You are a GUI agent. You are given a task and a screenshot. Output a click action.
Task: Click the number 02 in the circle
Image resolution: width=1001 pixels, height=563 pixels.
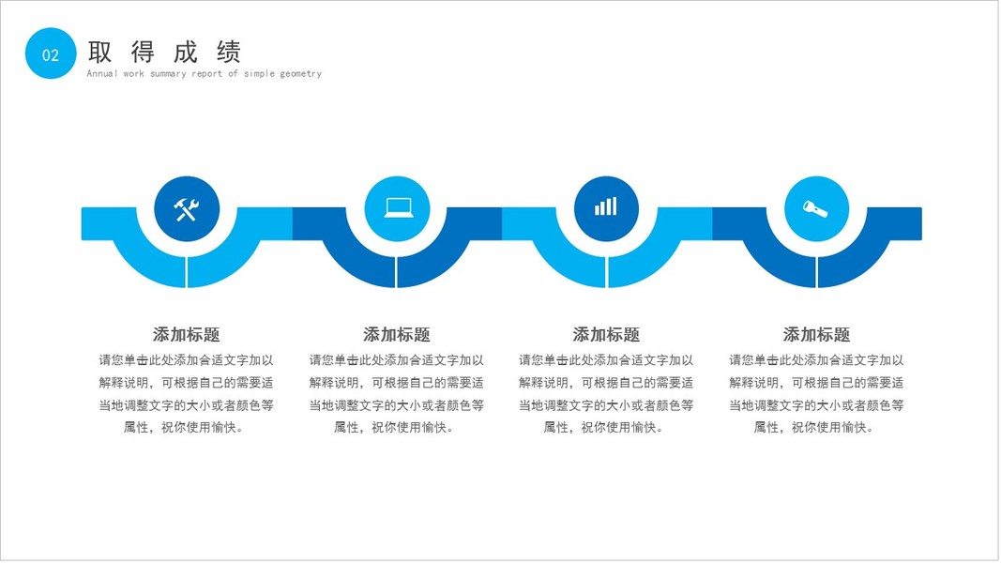coord(51,55)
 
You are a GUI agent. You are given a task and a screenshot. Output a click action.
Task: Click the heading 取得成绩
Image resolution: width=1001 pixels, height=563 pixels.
coord(164,52)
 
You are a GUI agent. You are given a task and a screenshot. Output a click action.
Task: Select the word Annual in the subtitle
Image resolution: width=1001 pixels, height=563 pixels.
coord(102,73)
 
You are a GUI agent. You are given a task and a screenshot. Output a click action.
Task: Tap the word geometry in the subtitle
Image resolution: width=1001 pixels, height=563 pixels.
coord(300,73)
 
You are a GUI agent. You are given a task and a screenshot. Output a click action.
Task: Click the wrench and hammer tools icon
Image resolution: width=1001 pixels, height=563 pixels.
coord(187,209)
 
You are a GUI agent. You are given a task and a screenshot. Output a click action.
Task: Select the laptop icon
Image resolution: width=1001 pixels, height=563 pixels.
coord(397,209)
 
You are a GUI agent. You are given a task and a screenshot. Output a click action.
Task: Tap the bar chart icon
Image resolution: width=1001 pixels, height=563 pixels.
coord(606,207)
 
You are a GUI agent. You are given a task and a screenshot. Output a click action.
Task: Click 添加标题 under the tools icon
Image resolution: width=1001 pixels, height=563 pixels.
coord(187,335)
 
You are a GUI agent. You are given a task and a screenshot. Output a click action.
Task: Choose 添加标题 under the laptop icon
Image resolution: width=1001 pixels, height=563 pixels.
coord(397,335)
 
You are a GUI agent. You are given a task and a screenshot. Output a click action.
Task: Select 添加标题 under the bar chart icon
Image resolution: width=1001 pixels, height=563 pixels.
coord(606,335)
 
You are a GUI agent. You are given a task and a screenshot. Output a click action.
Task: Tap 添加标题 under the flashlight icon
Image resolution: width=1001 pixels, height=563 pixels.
coord(816,335)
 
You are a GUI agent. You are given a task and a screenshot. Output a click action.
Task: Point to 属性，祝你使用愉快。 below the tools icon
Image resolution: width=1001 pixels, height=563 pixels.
coord(187,428)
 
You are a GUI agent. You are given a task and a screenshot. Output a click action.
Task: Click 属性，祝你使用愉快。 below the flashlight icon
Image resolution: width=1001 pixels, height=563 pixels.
coord(816,428)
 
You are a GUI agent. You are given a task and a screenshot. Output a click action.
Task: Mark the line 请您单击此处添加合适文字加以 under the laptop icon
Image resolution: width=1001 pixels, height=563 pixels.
coord(397,360)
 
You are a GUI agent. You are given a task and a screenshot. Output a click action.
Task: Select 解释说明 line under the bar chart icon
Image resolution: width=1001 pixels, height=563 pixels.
coord(606,383)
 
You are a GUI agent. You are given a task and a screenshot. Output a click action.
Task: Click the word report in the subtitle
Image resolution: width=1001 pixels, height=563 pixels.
coord(207,73)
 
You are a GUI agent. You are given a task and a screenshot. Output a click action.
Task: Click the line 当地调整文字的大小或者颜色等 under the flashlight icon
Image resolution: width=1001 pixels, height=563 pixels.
coord(816,405)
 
